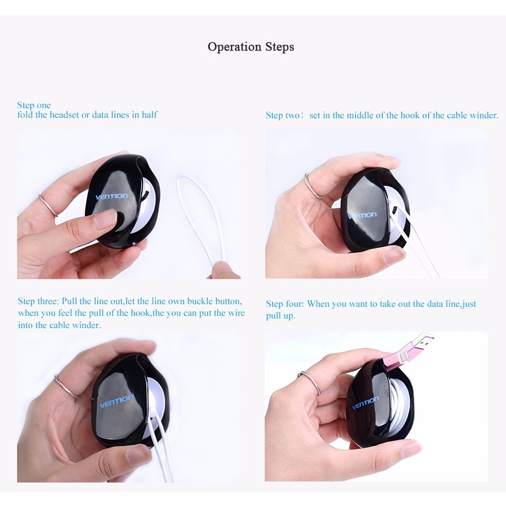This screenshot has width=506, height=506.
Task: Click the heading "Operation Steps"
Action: coord(251,47)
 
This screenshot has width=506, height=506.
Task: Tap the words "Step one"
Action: coord(34,105)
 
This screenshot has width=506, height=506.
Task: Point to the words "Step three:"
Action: coord(38,301)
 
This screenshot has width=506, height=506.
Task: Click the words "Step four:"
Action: coord(284,304)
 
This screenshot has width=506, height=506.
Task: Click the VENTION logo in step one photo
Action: coord(112,197)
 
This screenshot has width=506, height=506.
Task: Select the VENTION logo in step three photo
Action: coord(116,401)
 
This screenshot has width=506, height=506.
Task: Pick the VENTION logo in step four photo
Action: coord(365,403)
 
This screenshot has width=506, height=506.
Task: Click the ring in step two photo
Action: coord(314,185)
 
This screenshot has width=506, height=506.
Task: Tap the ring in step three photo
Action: coord(66,386)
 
